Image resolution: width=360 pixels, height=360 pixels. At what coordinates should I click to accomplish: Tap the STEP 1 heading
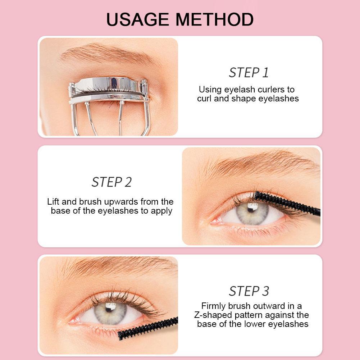coord(249,73)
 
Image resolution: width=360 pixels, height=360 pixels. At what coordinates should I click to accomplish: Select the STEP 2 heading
coord(111,182)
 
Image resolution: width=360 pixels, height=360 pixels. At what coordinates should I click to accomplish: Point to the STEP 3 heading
coord(249,291)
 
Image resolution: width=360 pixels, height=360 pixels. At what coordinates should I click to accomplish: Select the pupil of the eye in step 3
coord(111,310)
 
